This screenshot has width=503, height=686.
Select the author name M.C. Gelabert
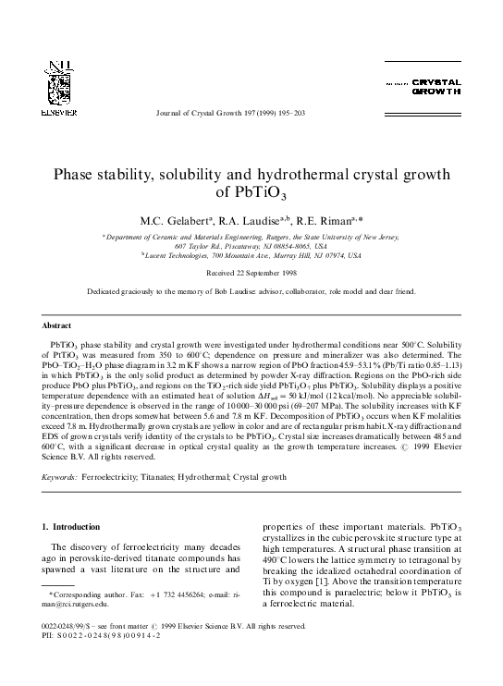175,222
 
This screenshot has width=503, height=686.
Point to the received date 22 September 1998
251,274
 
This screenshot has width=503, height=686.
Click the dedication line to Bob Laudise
251,291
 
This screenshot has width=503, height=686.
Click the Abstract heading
57,326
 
